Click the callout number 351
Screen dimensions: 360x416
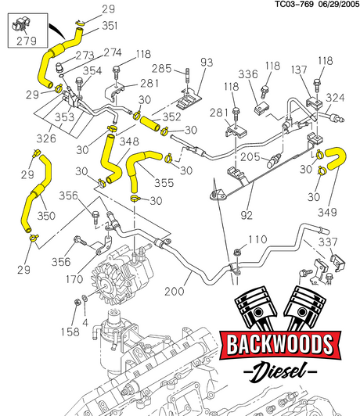(x=110, y=26)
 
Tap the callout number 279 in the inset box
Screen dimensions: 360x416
(x=27, y=41)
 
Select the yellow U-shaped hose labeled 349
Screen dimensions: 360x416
(x=336, y=158)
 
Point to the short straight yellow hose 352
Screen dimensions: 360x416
(x=150, y=124)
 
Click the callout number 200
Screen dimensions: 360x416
(x=175, y=292)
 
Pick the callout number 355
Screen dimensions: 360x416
(x=164, y=183)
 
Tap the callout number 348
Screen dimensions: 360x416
(x=129, y=142)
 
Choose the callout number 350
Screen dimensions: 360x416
(x=46, y=216)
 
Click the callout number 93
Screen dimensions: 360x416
(x=207, y=63)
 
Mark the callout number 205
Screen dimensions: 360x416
(x=250, y=157)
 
